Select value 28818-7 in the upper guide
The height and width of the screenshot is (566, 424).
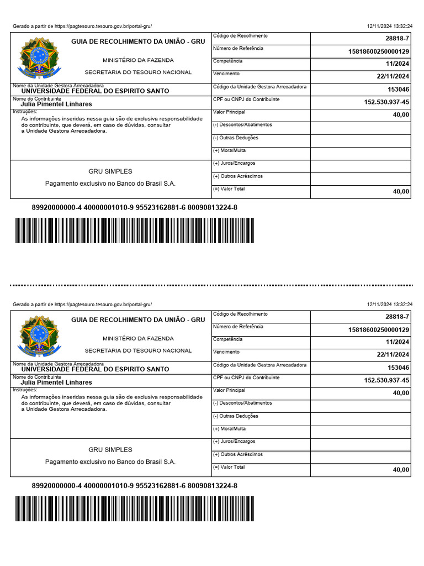coord(397,39)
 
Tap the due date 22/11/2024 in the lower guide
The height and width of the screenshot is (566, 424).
coord(393,355)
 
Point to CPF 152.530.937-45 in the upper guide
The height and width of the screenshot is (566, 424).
coord(386,102)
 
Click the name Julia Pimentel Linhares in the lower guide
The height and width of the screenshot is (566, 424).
coord(56,382)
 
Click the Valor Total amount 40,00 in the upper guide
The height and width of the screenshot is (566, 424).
coord(401,192)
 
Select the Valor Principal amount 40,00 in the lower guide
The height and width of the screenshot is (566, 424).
coord(401,393)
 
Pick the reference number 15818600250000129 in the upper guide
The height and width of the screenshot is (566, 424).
coord(378,51)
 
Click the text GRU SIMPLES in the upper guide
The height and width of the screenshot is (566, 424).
coord(110,171)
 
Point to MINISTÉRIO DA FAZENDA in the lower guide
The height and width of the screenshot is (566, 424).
coord(138,338)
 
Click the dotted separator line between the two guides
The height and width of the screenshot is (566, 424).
coord(212,286)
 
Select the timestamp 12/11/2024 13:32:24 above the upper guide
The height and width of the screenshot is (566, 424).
coord(390,27)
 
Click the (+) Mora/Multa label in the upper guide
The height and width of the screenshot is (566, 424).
coord(229,151)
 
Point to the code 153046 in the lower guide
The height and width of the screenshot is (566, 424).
coord(398,368)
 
